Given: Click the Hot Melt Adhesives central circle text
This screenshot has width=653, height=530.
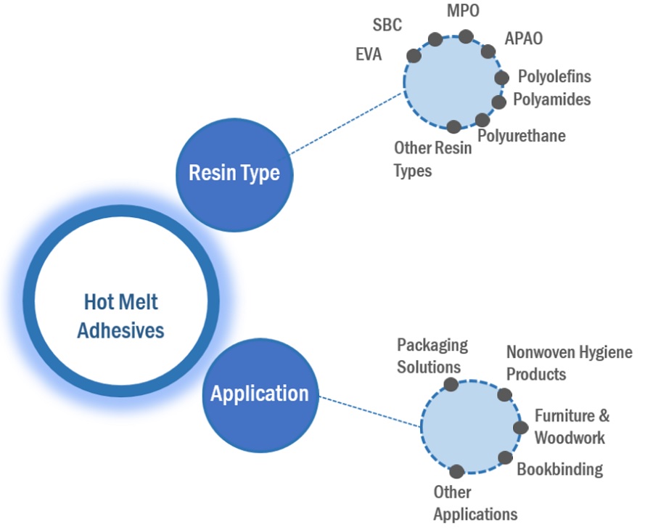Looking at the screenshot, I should click(x=120, y=316).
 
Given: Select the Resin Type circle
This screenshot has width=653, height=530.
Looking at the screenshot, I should click(x=234, y=174).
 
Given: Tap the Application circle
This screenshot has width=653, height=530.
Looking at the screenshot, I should click(x=260, y=394).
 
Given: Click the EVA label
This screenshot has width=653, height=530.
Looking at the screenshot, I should click(x=369, y=55).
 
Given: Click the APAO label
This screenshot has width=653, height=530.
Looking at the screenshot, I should click(x=523, y=38).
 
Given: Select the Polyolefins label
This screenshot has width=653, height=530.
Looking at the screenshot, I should click(x=554, y=76).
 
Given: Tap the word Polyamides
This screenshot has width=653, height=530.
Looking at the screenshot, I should click(x=551, y=99).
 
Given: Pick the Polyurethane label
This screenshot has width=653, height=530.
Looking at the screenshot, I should click(x=521, y=136).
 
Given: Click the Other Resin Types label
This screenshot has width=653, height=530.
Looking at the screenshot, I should click(x=432, y=159).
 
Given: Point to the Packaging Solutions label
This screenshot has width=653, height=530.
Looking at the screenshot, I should click(x=432, y=356).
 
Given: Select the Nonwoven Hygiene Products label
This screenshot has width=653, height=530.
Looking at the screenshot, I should click(x=569, y=363).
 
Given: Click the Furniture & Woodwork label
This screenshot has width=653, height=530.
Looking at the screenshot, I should click(x=572, y=426).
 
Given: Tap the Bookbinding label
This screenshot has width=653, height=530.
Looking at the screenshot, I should click(x=559, y=469).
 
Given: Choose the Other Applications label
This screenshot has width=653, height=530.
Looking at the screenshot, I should click(x=475, y=503).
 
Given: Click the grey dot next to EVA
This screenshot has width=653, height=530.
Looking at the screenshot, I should click(x=414, y=55).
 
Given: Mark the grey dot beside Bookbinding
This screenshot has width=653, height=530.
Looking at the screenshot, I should click(x=505, y=457).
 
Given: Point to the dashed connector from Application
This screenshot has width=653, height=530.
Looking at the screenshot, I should click(x=370, y=412).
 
